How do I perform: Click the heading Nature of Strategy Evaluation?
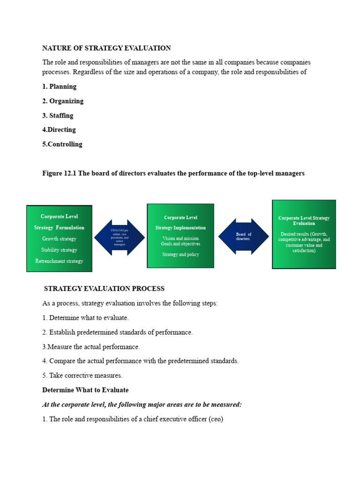(106, 48)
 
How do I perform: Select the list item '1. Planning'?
(59, 86)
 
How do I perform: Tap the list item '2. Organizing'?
(63, 101)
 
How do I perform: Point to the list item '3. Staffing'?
(58, 115)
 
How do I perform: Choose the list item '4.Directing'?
(59, 129)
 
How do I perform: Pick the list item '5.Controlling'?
(62, 144)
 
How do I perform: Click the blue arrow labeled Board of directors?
(244, 236)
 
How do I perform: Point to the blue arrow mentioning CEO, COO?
(120, 237)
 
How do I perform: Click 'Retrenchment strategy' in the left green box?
(59, 261)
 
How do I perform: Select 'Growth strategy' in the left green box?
(59, 239)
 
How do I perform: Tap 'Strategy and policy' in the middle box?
(180, 255)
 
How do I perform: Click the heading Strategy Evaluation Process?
(104, 288)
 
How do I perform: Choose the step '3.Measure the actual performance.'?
(91, 347)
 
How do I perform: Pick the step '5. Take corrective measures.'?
(82, 375)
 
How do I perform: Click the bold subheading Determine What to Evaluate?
(85, 390)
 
